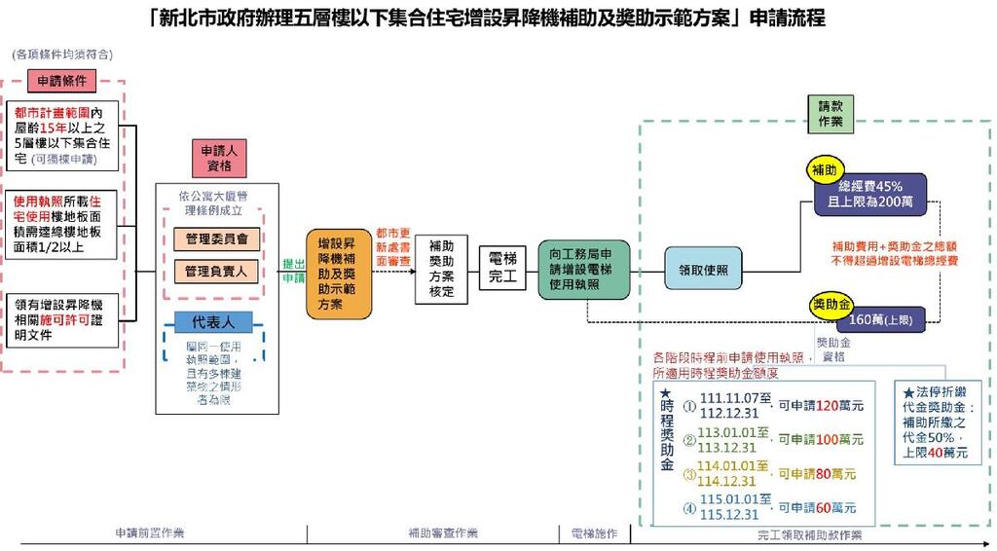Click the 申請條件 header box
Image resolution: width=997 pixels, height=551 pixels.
click(63, 80)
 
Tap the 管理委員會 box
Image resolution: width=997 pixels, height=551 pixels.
click(215, 239)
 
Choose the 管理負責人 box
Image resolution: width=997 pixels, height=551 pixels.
click(215, 271)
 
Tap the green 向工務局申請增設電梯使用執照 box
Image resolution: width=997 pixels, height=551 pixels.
click(584, 269)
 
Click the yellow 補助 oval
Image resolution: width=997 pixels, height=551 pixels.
click(824, 170)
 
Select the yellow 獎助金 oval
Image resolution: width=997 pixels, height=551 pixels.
click(831, 305)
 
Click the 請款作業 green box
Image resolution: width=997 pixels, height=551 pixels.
click(831, 114)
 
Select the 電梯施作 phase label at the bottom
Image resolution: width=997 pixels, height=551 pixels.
click(594, 533)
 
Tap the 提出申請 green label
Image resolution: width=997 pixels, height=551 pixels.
click(293, 270)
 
